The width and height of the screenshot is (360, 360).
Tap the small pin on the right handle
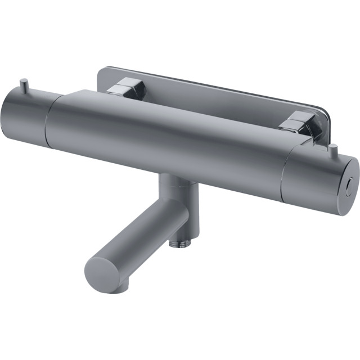point(334,150)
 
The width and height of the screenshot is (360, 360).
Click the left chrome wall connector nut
point(127,88)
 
